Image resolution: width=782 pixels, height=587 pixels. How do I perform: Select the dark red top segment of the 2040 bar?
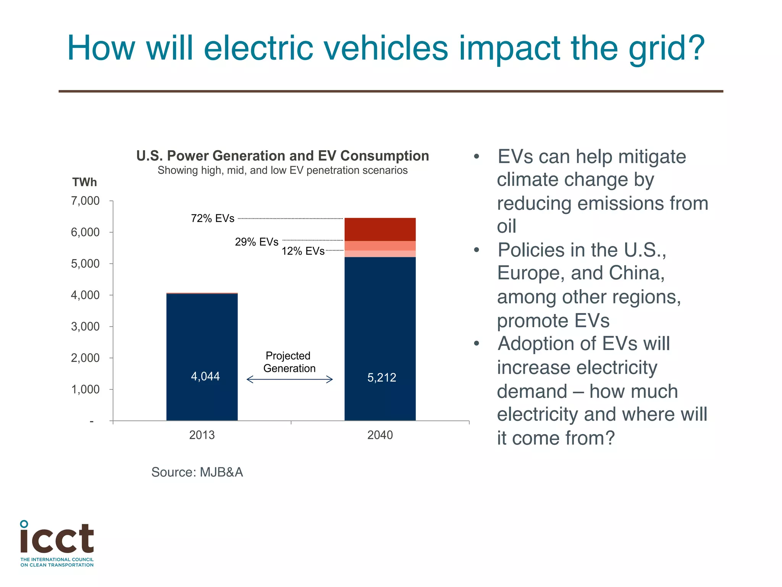point(380,229)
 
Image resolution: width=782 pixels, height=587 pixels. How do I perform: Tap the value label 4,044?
point(205,376)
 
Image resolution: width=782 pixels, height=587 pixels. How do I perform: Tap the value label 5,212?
point(381,378)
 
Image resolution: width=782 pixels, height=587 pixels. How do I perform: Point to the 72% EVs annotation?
point(213,219)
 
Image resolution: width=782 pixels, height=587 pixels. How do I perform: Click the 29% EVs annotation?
point(257,242)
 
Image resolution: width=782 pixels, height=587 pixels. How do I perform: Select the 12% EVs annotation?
point(303,251)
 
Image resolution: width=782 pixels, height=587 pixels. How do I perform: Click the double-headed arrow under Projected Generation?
point(289,379)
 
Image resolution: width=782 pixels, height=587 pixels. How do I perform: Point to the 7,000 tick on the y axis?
point(85,201)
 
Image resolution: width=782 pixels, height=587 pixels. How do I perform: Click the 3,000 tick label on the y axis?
point(85,326)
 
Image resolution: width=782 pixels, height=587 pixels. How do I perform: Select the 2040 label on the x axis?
point(380,435)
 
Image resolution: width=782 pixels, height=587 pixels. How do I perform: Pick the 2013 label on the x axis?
point(202,435)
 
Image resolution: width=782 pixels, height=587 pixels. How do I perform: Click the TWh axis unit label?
point(84,182)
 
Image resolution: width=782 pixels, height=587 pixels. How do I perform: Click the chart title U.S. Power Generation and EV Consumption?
point(283,156)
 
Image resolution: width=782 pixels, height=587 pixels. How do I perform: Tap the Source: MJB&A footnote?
point(197,472)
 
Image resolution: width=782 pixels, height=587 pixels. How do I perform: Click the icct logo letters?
point(57,539)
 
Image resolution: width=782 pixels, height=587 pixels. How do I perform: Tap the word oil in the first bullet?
point(506,227)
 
